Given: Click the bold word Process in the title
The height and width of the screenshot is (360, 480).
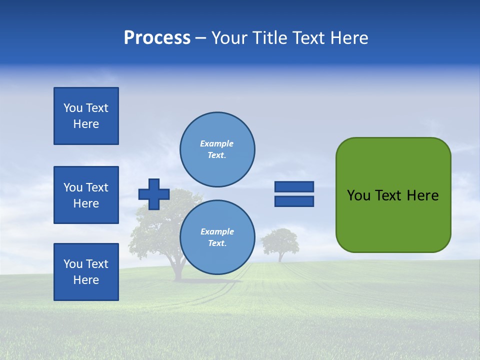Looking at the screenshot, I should coord(157,38).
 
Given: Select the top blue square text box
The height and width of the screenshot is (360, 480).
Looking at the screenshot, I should coord(86,116).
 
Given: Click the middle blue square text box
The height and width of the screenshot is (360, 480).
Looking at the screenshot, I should coord(86,195).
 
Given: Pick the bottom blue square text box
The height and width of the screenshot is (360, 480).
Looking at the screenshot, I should coord(86,272).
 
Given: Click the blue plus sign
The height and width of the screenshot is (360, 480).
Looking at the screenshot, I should coord(154,194).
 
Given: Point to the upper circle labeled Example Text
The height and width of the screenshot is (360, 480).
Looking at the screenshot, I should coord(217,149).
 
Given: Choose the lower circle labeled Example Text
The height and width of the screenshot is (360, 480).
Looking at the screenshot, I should coord(217,237).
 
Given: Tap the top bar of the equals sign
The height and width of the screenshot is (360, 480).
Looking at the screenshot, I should coord(294,186).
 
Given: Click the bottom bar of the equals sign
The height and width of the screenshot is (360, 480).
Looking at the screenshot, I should coord(294,201).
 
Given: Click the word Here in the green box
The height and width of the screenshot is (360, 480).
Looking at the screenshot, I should coord(422,195).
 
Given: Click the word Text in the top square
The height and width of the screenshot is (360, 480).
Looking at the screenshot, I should coord(97,108).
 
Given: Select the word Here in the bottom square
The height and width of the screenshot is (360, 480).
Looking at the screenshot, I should coord(86,280).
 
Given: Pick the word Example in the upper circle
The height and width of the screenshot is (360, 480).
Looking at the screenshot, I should coord(217,143).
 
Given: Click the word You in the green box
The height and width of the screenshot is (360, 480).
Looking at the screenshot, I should coord(358,195).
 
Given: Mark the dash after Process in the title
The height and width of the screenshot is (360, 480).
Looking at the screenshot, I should coord(200,38).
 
